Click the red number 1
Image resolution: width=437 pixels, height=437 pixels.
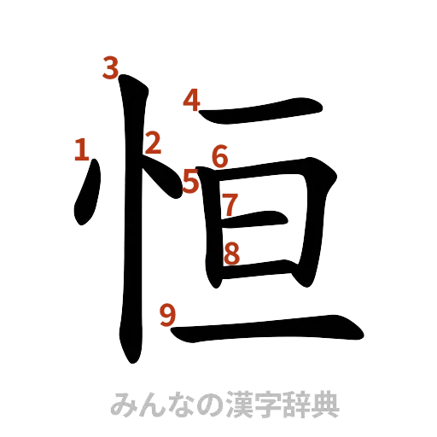[x=81, y=151]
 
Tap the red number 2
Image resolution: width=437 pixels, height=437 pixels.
[x=153, y=143]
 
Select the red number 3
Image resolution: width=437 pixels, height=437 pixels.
[x=110, y=67]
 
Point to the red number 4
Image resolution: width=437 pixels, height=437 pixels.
[x=192, y=102]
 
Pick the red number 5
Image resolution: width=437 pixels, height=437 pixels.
[x=192, y=181]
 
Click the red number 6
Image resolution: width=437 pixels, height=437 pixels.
[x=220, y=156]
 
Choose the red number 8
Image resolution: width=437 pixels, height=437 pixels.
[x=231, y=253]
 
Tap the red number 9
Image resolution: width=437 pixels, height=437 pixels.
[x=168, y=316]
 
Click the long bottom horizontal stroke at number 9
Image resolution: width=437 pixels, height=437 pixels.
[x=273, y=328]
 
